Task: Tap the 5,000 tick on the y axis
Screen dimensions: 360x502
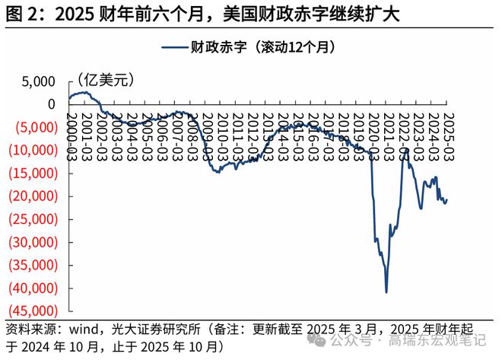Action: pyautogui.click(x=38, y=81)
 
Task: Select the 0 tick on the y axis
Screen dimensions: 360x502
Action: pyautogui.click(x=51, y=104)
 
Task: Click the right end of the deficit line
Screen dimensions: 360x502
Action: pyautogui.click(x=446, y=199)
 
